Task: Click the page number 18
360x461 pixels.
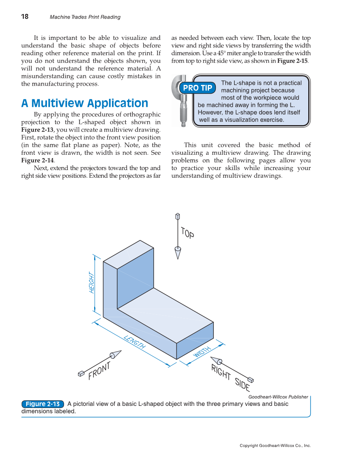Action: point(25,17)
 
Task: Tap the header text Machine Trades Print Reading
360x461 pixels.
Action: point(85,17)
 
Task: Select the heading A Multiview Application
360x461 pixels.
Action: point(84,103)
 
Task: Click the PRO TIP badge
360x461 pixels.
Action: point(197,88)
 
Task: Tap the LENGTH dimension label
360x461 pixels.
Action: point(135,341)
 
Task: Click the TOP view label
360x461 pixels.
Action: point(187,233)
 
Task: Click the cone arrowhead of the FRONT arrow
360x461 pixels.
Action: point(115,354)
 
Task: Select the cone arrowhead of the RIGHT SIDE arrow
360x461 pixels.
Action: point(216,360)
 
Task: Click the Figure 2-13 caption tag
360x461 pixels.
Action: point(42,404)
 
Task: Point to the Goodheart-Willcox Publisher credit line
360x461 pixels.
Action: point(278,397)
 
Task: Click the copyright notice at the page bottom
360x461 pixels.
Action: point(275,446)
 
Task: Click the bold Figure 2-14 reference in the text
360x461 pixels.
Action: point(37,161)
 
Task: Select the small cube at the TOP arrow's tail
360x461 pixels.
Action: point(178,216)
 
